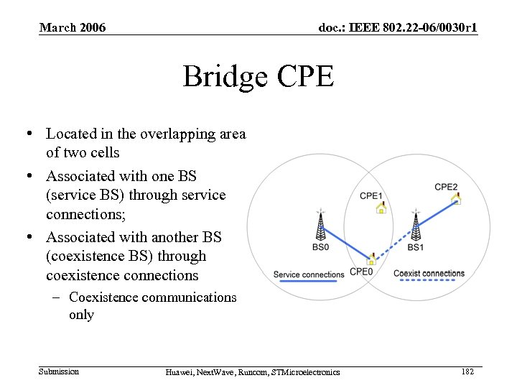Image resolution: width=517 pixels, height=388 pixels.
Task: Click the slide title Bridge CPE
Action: [258, 76]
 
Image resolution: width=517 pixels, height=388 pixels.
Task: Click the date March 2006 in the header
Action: [73, 28]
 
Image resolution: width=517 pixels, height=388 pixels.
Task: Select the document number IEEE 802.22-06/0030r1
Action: [398, 28]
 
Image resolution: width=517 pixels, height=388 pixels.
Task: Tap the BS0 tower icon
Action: [320, 226]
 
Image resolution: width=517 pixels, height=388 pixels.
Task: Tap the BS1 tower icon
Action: [415, 226]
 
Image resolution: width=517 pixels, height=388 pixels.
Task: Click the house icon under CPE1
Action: [381, 208]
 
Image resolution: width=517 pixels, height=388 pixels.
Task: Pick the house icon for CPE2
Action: [455, 199]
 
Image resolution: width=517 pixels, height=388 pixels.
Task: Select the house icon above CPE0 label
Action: [371, 259]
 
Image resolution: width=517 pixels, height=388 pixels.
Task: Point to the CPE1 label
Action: [371, 195]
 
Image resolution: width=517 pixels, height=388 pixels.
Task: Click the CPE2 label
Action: [446, 188]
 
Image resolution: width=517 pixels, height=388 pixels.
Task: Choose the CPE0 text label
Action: [361, 272]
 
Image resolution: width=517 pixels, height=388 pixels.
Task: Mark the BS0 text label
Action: [321, 248]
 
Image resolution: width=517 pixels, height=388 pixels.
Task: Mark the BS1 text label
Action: [416, 248]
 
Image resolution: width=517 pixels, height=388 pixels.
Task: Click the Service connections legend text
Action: [309, 274]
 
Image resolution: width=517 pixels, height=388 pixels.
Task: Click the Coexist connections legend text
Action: [429, 273]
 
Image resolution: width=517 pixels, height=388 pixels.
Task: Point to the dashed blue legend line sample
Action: [429, 281]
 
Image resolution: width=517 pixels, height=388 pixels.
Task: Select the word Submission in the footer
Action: [59, 371]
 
